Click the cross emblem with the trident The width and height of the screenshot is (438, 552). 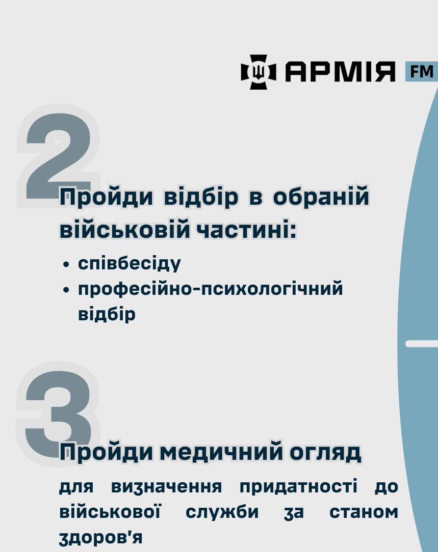259,72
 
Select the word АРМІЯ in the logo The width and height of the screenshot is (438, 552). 341,72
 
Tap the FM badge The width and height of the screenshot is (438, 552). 421,71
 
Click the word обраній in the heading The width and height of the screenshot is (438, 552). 321,197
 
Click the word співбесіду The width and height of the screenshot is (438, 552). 130,263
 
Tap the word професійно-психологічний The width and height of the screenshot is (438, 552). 211,289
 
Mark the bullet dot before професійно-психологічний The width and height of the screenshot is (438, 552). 66,290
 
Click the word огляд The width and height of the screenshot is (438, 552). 326,453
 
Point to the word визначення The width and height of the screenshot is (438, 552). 167,486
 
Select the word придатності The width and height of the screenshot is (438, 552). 298,487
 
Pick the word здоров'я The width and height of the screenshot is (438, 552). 101,538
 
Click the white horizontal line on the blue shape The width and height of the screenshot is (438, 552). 422,344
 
